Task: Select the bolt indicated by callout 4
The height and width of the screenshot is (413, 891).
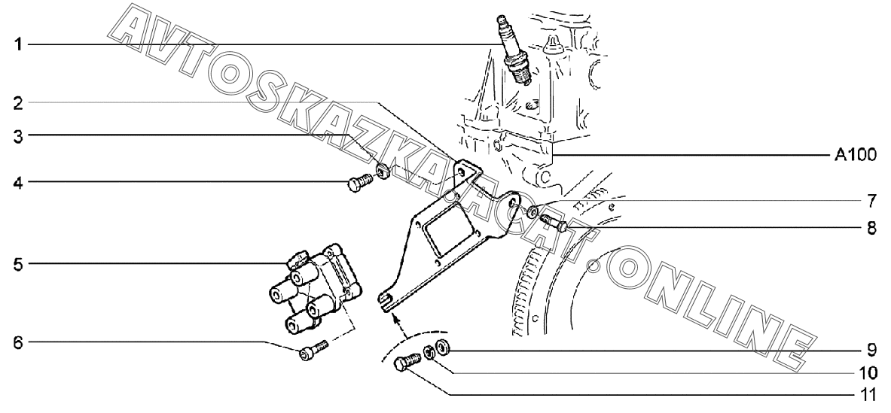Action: click(x=360, y=181)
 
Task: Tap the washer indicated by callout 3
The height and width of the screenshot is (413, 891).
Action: click(x=383, y=171)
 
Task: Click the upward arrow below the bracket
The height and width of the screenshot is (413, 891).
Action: click(x=395, y=321)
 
